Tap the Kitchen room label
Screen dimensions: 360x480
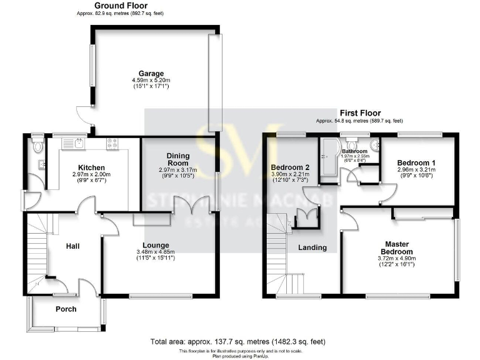click(91, 167)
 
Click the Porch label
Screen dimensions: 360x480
click(66, 309)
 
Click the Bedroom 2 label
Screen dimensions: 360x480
click(290, 167)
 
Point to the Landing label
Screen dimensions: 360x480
click(312, 247)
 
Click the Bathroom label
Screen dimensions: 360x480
click(354, 152)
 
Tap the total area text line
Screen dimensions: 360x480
click(237, 342)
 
